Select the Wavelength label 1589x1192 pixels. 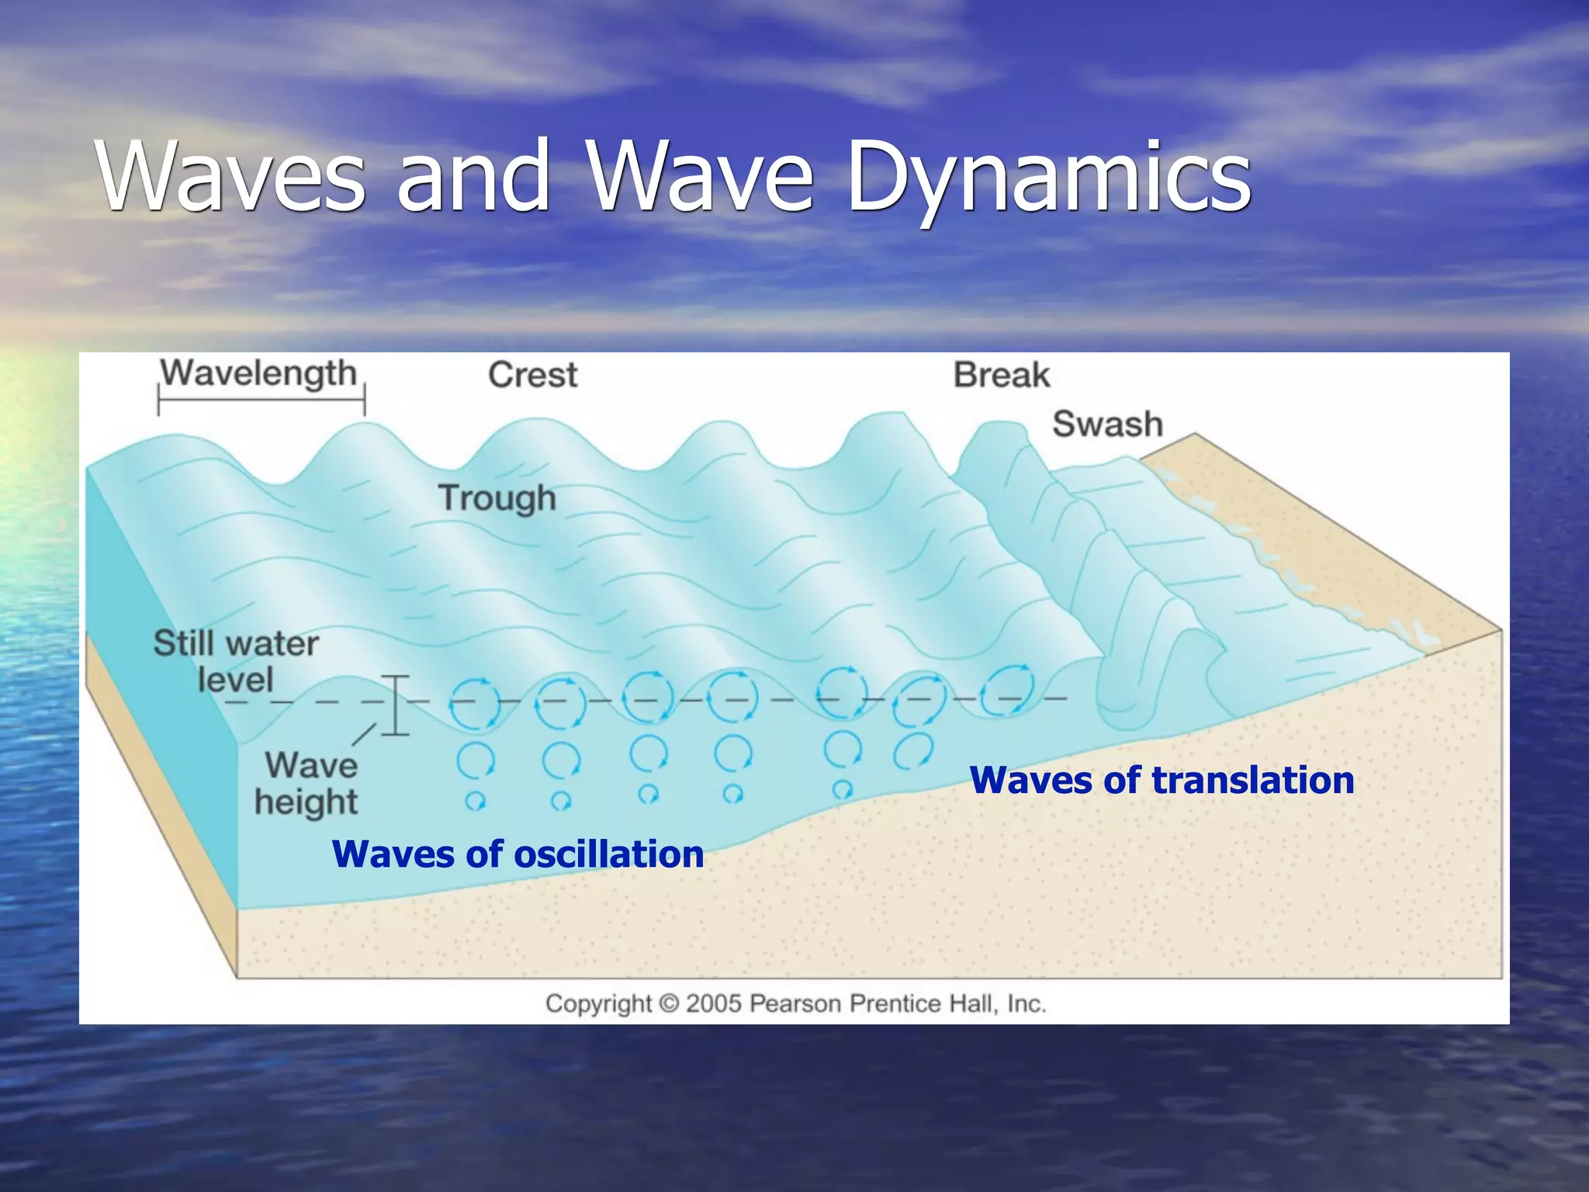click(258, 374)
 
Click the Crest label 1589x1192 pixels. click(532, 376)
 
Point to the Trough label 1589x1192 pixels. click(497, 498)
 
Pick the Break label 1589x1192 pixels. click(1001, 376)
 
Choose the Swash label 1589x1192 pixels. click(1107, 424)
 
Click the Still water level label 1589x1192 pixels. click(235, 661)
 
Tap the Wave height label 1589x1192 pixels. click(309, 784)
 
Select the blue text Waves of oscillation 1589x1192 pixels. click(518, 854)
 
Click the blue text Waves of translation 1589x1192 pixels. click(1161, 781)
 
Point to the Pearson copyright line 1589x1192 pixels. click(795, 1003)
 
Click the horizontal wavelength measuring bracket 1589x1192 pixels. click(261, 402)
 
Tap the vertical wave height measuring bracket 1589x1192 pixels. click(396, 705)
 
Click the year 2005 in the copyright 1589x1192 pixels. click(714, 1003)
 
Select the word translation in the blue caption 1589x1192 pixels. click(1253, 781)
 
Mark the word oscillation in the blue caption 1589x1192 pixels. click(609, 854)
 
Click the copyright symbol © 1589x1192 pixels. click(669, 1004)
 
